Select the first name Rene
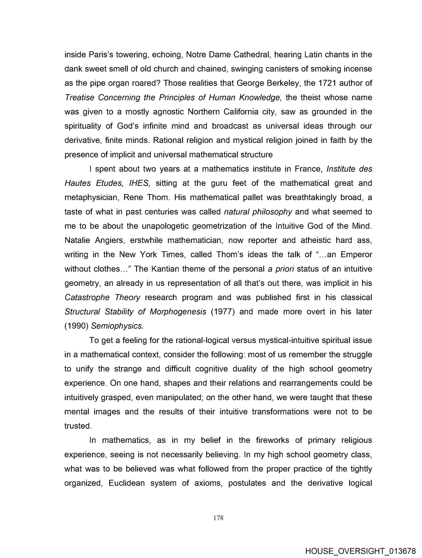pyautogui.click(x=133, y=197)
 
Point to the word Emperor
pyautogui.click(x=356, y=255)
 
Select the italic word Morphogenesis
pyautogui.click(x=178, y=312)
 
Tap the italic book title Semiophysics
pyautogui.click(x=117, y=326)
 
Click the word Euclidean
pyautogui.click(x=127, y=483)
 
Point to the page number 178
pyautogui.click(x=218, y=518)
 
